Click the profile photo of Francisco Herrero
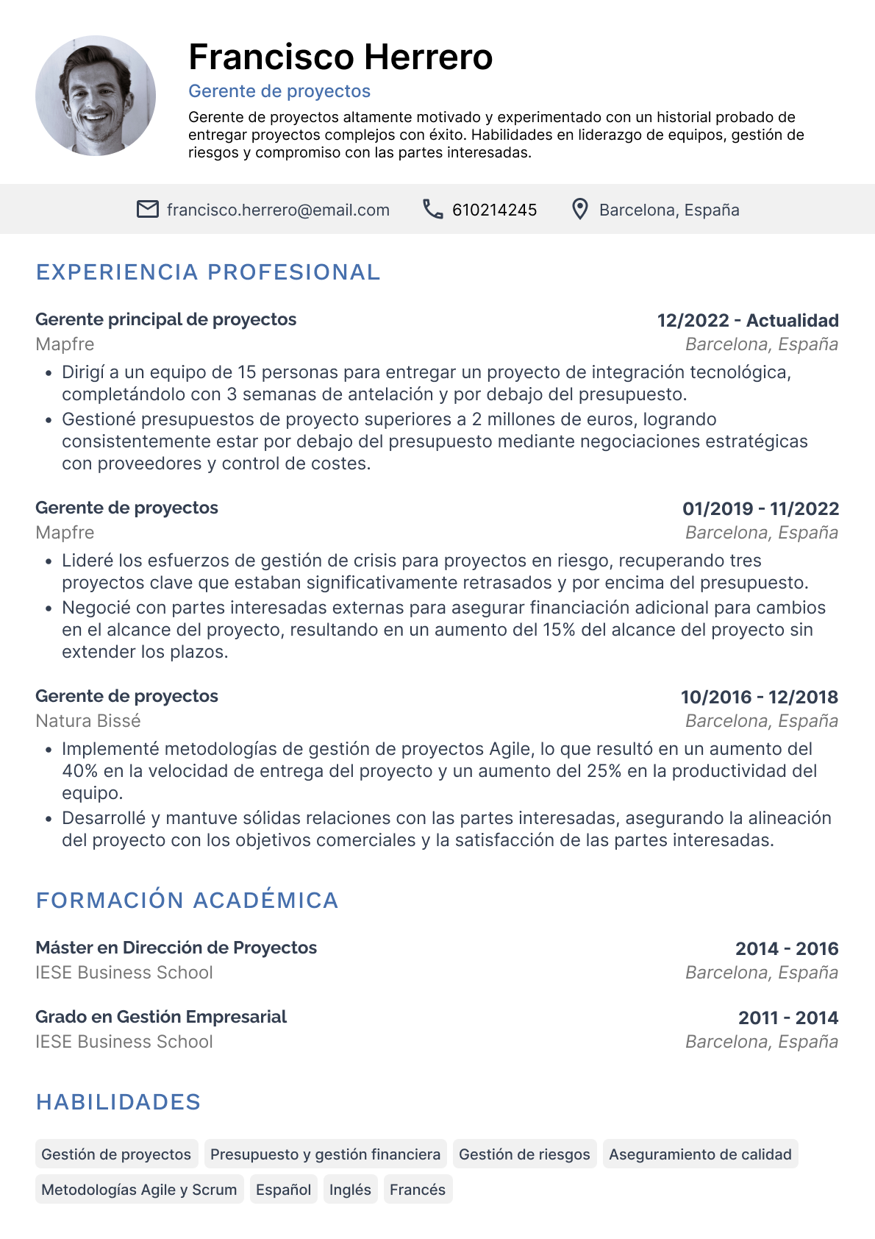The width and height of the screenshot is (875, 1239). click(x=96, y=96)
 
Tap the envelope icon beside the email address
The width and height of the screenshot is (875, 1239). click(x=148, y=210)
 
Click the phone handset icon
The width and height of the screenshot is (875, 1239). click(x=432, y=210)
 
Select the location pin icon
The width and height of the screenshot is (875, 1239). click(x=580, y=210)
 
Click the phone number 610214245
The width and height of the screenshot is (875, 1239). click(x=494, y=210)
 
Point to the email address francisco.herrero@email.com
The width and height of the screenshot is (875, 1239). click(x=278, y=210)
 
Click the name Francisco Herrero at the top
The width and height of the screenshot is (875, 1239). click(x=340, y=57)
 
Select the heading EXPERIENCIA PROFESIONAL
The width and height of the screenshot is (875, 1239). click(x=208, y=272)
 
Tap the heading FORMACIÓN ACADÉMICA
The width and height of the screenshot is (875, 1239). click(x=187, y=901)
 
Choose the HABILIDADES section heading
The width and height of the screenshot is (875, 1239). click(x=118, y=1102)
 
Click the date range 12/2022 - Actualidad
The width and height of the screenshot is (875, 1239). click(x=748, y=321)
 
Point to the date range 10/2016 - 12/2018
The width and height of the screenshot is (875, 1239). click(x=759, y=697)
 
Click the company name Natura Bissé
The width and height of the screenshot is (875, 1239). click(x=88, y=721)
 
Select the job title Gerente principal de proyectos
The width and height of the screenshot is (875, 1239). click(x=166, y=320)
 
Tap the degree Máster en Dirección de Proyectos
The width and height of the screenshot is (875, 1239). click(x=176, y=948)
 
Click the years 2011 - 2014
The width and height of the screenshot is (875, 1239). click(x=787, y=1018)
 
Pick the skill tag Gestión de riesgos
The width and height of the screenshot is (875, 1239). click(x=524, y=1154)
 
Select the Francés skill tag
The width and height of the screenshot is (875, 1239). click(x=418, y=1190)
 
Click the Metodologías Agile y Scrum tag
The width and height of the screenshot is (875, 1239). click(x=139, y=1190)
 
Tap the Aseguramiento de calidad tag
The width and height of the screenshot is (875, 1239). click(x=700, y=1154)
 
